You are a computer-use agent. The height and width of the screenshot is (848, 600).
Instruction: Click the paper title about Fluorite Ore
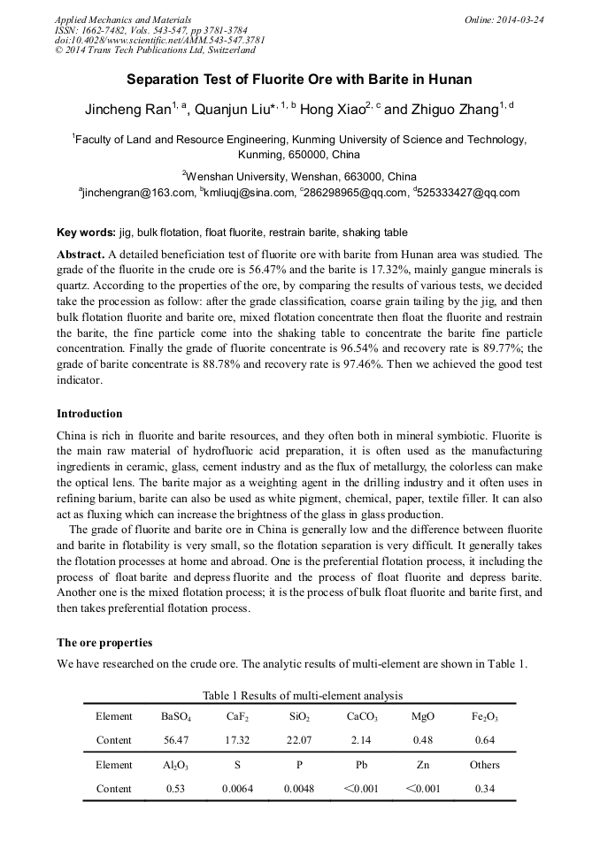pos(299,80)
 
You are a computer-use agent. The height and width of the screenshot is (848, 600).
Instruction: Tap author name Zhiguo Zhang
pos(454,111)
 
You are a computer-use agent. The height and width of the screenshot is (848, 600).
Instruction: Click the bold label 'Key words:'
pos(86,233)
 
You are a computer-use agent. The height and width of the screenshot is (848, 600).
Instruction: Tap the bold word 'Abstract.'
pos(81,254)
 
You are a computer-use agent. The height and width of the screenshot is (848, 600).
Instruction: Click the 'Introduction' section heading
pos(89,414)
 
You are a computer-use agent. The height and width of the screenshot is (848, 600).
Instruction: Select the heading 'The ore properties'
pos(104,642)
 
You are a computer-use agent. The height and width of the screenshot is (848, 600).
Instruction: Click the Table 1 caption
pos(303,696)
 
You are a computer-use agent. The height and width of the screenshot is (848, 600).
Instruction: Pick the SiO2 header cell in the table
pos(299,716)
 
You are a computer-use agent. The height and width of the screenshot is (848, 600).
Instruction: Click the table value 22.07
pos(299,740)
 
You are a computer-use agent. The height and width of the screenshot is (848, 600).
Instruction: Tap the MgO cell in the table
pos(423,716)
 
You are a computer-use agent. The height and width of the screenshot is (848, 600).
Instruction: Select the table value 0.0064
pos(237,789)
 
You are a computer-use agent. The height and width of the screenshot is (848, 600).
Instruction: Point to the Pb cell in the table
pos(361,765)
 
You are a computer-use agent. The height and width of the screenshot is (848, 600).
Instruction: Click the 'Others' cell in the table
pos(484,765)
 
